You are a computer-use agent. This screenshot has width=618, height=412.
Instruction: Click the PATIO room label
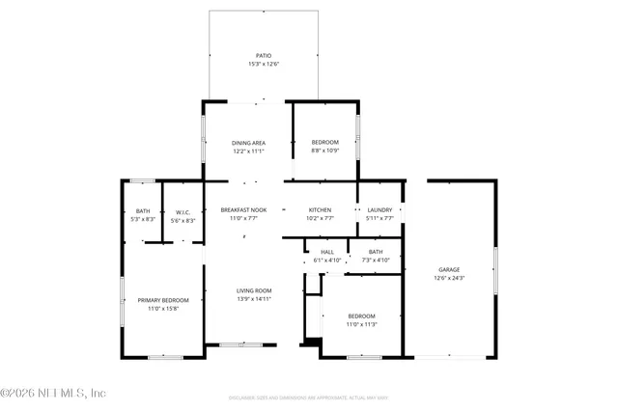click(263, 56)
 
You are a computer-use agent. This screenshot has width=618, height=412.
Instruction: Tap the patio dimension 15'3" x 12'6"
click(263, 65)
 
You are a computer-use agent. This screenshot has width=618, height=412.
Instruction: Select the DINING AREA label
click(248, 143)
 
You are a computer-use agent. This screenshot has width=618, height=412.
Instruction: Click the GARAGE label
click(449, 269)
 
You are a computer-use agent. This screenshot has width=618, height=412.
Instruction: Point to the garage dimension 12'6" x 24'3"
click(449, 278)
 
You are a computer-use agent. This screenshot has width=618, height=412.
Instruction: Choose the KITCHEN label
click(320, 209)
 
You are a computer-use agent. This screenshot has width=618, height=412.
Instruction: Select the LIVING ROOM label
click(255, 290)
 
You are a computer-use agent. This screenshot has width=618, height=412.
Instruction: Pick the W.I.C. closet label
click(183, 211)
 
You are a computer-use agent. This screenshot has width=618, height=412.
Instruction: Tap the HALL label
click(327, 252)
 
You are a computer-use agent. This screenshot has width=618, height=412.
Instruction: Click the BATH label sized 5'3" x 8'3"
click(143, 211)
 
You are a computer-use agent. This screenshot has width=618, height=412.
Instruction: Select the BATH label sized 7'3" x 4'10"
click(375, 252)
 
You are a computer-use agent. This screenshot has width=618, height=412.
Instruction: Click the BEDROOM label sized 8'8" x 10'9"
click(324, 143)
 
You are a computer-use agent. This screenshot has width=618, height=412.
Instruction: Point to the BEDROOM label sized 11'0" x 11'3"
click(361, 316)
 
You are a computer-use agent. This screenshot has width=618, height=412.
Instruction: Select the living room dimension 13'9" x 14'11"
click(255, 299)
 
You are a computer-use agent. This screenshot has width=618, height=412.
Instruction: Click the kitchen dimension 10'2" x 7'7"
click(320, 218)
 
